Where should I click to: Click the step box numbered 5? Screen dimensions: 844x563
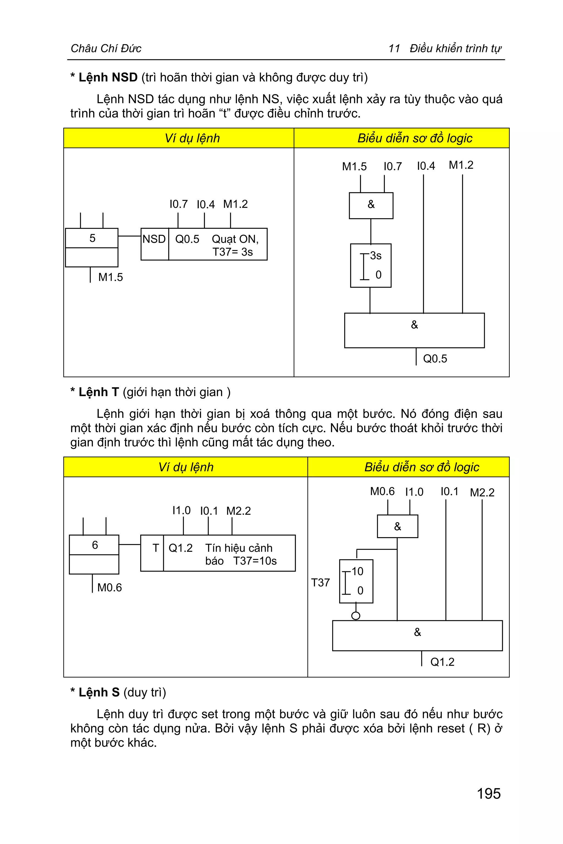92,238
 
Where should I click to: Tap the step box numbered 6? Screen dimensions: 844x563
95,545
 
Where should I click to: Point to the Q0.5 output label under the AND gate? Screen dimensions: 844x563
435,359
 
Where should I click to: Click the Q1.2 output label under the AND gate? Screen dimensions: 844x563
442,662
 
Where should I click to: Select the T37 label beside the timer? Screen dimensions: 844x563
320,583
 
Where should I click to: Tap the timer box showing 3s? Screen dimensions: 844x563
371,266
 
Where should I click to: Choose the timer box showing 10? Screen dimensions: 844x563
356,581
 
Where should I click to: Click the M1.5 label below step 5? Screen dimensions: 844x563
111,277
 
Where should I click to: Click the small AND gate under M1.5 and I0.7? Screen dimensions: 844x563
371,205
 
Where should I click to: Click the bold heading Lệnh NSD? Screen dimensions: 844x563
108,78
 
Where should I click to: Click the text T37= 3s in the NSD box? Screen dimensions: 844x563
233,252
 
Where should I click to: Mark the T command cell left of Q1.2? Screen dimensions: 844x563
156,548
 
